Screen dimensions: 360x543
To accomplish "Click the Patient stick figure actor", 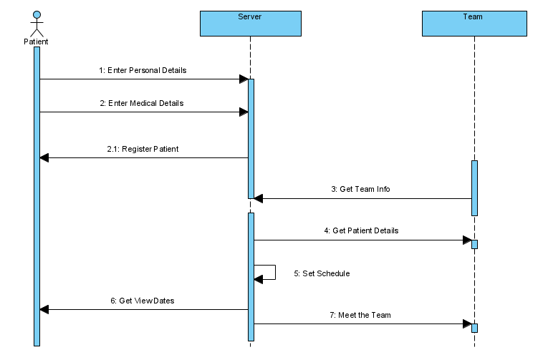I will click(37, 24).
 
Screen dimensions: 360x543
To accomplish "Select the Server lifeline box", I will click(250, 23).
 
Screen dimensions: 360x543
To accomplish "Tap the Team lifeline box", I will click(474, 23).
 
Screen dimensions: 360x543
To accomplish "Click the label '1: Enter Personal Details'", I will click(143, 71).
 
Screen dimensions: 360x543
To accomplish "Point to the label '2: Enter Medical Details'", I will click(142, 103).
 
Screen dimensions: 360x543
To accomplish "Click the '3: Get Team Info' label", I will click(360, 190).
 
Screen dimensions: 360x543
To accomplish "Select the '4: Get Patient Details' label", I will click(361, 230).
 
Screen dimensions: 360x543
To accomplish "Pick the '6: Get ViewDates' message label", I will click(143, 301).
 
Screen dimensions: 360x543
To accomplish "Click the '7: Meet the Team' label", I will click(360, 314).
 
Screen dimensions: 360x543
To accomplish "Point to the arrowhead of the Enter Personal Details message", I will click(244, 79).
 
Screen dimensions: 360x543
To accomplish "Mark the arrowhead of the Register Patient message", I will click(44, 158).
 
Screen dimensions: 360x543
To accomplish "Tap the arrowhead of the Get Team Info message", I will click(259, 199).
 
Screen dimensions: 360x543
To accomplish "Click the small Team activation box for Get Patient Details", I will click(474, 244).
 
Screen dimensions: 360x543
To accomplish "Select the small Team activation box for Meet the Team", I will click(474, 328).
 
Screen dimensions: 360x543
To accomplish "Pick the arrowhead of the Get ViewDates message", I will click(44, 310).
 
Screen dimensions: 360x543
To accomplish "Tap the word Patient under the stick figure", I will click(36, 42).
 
